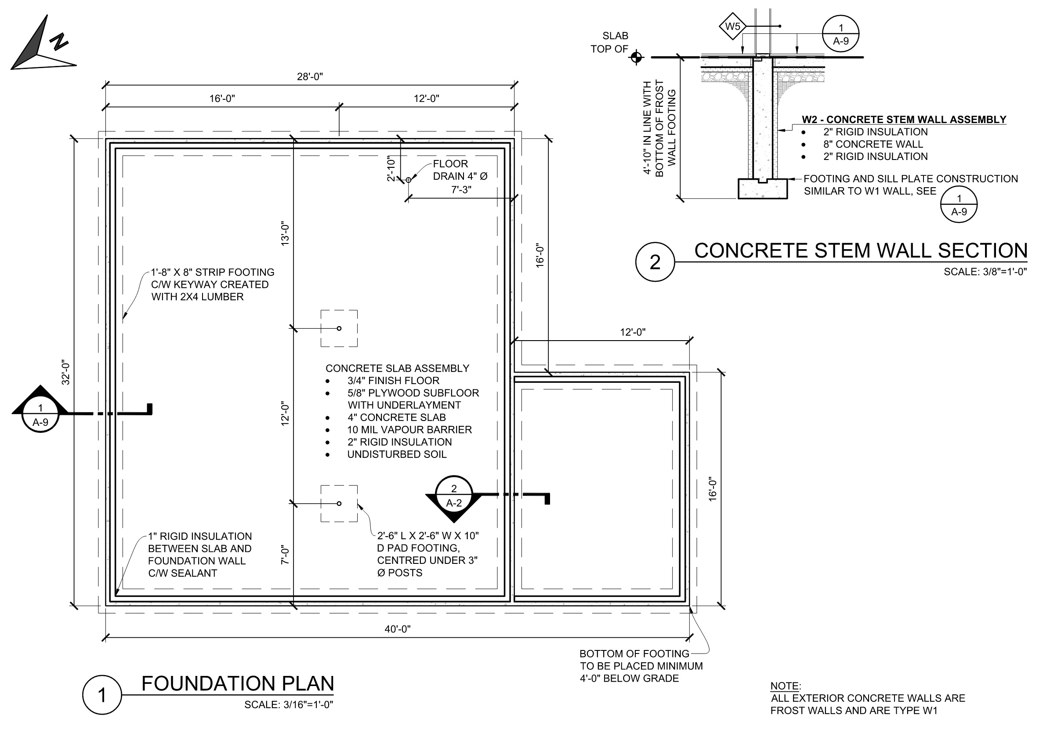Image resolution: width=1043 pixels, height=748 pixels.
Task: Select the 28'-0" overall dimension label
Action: click(310, 76)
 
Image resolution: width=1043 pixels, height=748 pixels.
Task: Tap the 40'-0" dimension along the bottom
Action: click(398, 629)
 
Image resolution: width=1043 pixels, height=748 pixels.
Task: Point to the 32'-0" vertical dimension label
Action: click(66, 372)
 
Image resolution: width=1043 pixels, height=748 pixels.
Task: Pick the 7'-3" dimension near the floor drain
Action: click(461, 189)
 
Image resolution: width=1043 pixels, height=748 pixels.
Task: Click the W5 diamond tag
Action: click(732, 26)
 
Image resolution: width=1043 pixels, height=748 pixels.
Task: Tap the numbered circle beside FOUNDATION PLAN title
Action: click(102, 695)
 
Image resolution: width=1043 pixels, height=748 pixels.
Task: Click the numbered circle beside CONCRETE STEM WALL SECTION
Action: click(655, 262)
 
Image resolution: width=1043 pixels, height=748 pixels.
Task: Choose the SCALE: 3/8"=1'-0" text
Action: click(985, 272)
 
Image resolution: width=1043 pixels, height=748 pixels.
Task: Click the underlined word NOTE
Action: click(785, 686)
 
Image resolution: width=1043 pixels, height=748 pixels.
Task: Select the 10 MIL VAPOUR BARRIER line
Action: click(409, 430)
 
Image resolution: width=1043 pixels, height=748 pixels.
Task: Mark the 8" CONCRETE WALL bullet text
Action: click(873, 144)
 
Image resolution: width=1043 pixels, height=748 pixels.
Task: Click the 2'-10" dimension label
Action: click(391, 168)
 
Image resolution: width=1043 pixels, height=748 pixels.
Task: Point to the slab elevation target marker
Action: click(636, 58)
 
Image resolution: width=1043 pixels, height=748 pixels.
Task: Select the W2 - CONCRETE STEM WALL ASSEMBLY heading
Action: click(904, 120)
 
